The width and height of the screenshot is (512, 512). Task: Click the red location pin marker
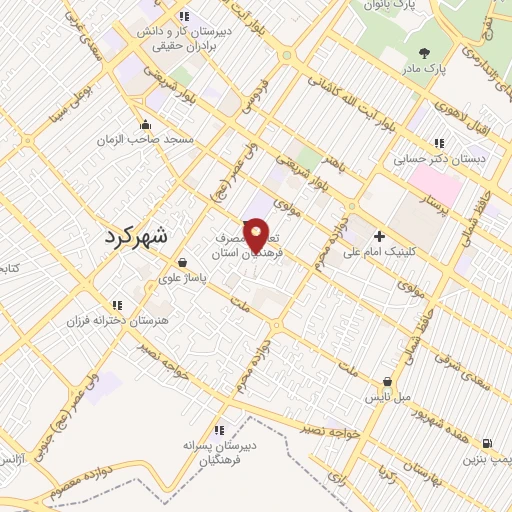257,236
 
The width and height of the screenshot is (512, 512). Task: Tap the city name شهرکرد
138,237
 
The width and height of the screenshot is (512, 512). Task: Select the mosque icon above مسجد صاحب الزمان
146,125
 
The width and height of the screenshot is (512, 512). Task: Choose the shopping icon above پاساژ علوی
180,263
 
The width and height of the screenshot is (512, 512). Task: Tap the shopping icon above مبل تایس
387,382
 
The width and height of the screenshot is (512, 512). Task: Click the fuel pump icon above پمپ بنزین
486,443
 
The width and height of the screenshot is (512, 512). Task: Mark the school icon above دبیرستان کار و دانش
183,16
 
